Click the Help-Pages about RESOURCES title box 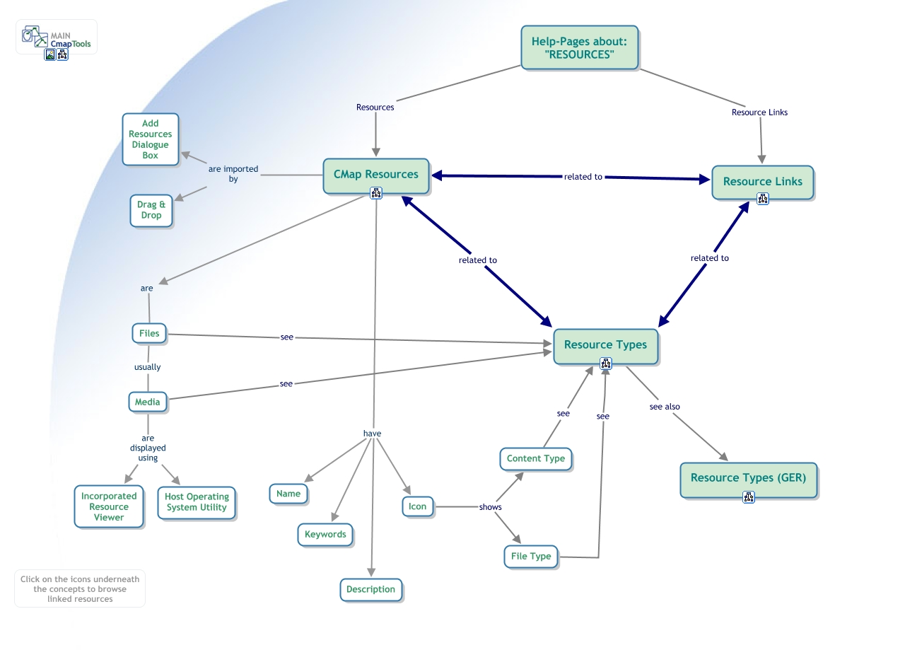point(580,47)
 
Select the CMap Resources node point(376,174)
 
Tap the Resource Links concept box point(762,182)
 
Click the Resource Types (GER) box point(748,478)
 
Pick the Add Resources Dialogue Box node point(151,139)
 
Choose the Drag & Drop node point(151,210)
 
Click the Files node point(149,333)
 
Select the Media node point(148,402)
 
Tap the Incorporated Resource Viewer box point(109,506)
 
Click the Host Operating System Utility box point(197,502)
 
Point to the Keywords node point(325,535)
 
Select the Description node point(370,589)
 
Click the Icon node point(418,506)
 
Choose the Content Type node point(536,458)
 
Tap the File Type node point(531,557)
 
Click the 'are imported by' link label point(233,174)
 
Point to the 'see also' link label point(665,407)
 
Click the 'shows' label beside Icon point(490,507)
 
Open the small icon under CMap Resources point(376,193)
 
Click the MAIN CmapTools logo point(57,38)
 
